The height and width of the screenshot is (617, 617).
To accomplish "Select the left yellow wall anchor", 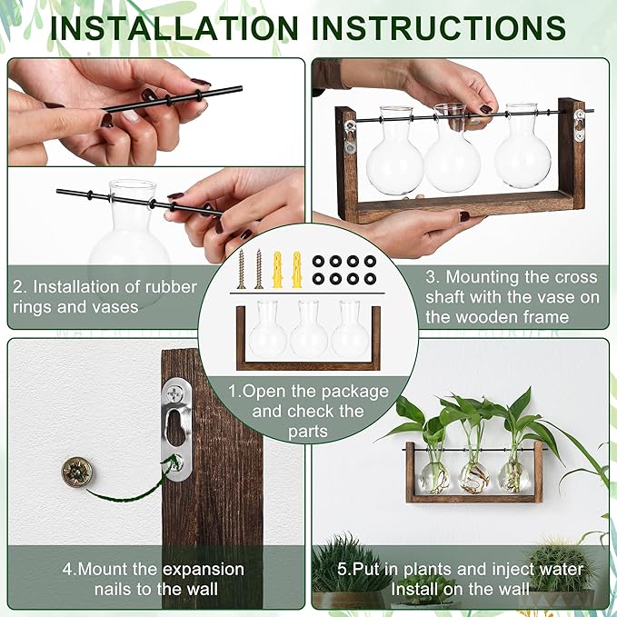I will (278, 269).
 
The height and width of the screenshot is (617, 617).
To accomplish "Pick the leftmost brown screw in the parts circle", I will (242, 268).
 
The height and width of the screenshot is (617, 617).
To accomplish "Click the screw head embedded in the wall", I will (76, 471).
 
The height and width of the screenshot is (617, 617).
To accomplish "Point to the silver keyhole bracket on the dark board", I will (177, 429).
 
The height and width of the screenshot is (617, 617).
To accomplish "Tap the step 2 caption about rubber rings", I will (104, 296).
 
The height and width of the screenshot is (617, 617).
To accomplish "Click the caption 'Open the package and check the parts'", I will (309, 412).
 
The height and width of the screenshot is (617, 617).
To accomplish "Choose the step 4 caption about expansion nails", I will (153, 579).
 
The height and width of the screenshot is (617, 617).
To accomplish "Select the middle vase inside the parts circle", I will (309, 330).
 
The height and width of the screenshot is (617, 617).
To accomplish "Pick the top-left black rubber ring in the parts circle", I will (318, 261).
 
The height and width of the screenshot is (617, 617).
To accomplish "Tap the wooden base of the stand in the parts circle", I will (309, 364).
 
